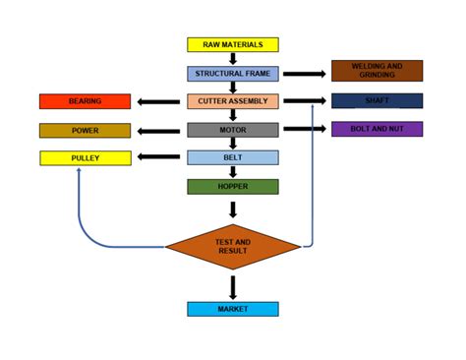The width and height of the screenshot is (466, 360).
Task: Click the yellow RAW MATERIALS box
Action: click(x=233, y=44)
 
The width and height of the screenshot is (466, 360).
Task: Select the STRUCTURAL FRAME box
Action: click(x=233, y=74)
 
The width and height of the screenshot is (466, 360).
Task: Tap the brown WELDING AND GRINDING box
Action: click(x=377, y=71)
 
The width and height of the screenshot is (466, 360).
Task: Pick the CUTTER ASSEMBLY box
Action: click(x=233, y=101)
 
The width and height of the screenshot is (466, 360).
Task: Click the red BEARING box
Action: click(x=85, y=101)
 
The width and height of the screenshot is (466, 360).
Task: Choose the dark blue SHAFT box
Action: click(x=377, y=100)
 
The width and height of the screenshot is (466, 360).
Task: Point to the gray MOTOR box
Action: click(x=233, y=130)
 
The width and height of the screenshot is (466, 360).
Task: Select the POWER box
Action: click(x=85, y=130)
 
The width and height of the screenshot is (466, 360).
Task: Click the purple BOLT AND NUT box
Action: click(x=377, y=129)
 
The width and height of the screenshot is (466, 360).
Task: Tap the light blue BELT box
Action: click(x=233, y=157)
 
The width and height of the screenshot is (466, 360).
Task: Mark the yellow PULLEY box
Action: click(x=85, y=157)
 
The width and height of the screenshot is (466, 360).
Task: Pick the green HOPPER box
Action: click(x=233, y=186)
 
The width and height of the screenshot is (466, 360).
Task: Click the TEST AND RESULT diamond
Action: click(x=233, y=246)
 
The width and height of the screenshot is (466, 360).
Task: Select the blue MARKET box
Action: click(x=233, y=309)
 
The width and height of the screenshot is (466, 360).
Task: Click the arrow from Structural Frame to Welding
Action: click(x=305, y=74)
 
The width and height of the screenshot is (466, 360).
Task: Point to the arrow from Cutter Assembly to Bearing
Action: click(x=158, y=101)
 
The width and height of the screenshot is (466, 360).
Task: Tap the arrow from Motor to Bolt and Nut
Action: click(x=305, y=129)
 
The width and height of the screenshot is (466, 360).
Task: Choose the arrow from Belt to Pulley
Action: click(x=158, y=156)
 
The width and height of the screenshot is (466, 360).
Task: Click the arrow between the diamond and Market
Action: click(x=233, y=286)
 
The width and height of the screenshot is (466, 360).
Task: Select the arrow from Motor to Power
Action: click(x=158, y=130)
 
